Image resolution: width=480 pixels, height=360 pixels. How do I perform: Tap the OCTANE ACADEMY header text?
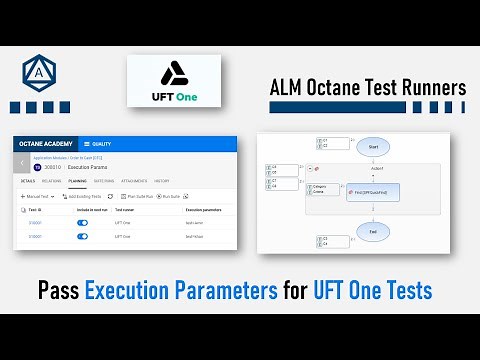(47, 144)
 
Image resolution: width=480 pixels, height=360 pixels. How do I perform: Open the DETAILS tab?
(27, 182)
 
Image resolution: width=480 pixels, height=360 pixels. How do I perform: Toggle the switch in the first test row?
(82, 222)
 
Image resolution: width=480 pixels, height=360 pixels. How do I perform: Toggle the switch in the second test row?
(82, 236)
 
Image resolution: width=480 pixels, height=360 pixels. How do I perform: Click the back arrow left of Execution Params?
(22, 164)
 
